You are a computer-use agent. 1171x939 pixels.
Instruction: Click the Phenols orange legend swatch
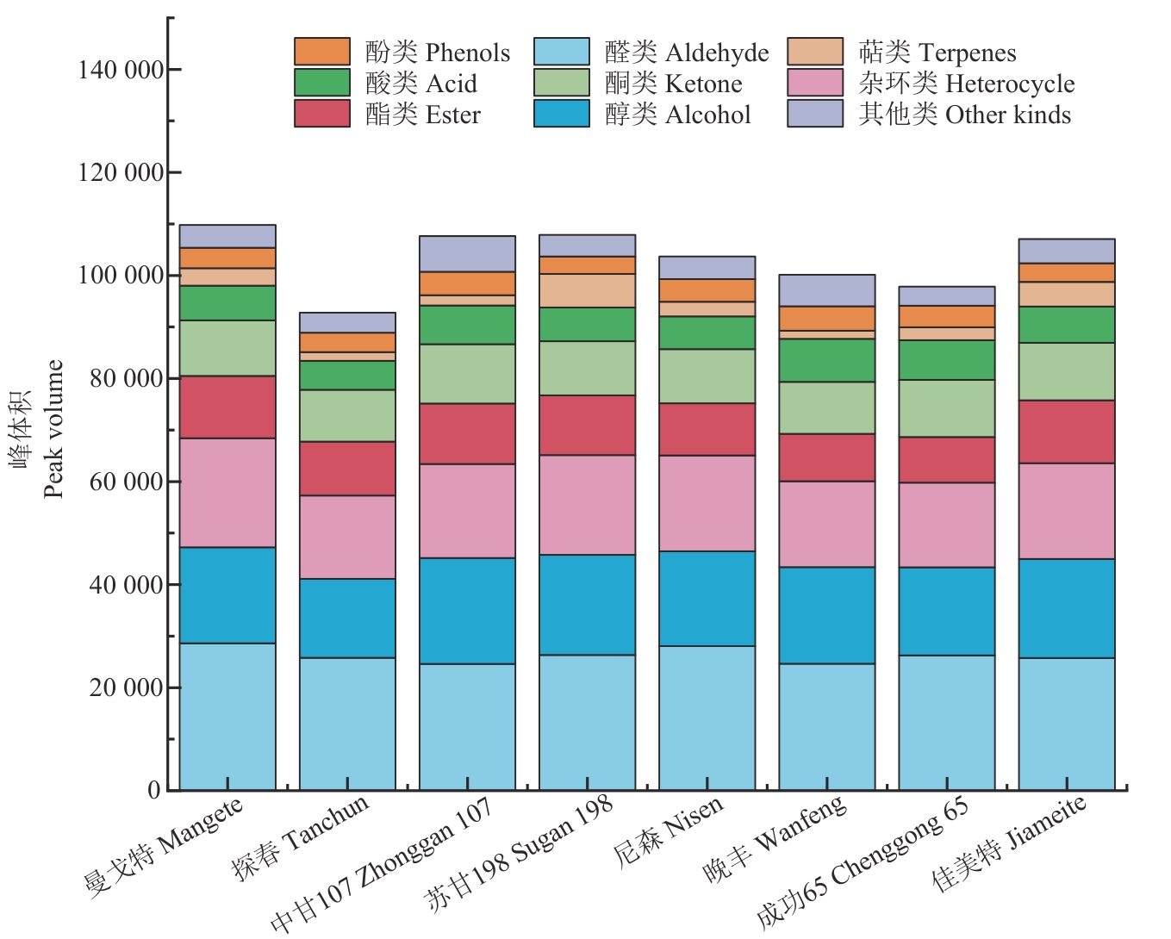click(322, 52)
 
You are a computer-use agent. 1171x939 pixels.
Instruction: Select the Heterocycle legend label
click(965, 84)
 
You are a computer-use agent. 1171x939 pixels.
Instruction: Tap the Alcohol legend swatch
click(562, 114)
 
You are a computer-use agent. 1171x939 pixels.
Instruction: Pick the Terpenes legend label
click(937, 53)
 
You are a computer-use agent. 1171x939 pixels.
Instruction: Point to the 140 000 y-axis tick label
click(121, 70)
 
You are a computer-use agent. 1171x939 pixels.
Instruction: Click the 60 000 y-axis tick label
click(126, 482)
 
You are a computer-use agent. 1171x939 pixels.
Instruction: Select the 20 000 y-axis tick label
click(126, 687)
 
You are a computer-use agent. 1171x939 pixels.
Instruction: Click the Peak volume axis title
click(53, 429)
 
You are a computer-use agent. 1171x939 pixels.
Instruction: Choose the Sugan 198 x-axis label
click(520, 852)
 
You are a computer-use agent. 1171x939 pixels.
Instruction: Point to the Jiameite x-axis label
click(1010, 844)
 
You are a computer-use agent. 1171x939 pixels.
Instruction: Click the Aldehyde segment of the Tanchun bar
click(347, 724)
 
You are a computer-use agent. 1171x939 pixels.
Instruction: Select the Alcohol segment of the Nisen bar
click(707, 599)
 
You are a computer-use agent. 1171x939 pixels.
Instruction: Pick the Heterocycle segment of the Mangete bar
click(227, 493)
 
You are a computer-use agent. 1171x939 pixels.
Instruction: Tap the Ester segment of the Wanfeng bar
click(826, 457)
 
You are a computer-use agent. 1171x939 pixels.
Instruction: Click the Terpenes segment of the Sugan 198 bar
click(587, 291)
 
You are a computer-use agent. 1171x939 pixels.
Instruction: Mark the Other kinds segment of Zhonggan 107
click(467, 254)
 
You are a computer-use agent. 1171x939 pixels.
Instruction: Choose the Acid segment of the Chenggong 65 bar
click(946, 360)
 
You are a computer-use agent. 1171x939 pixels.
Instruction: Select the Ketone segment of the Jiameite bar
click(1066, 371)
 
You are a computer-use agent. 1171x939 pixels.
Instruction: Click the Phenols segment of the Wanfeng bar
click(826, 319)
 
